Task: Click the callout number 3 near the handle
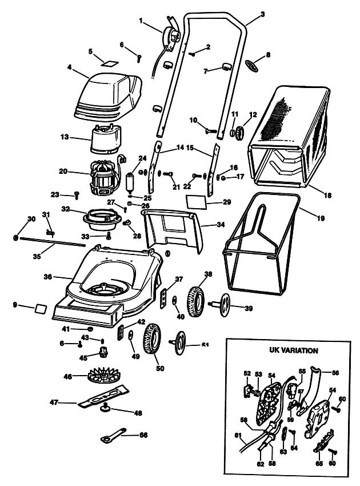(x=262, y=13)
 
